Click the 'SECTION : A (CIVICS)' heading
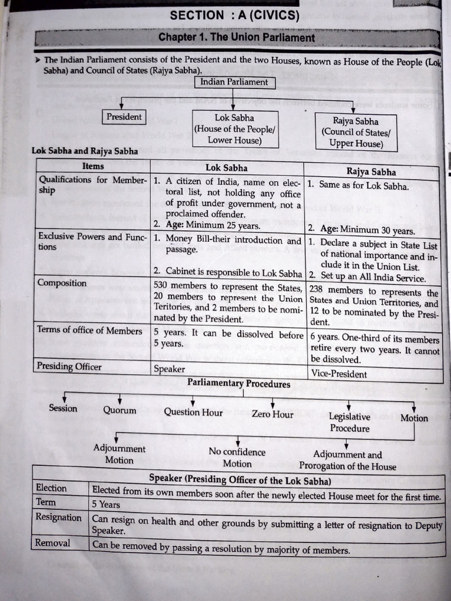[x=234, y=16]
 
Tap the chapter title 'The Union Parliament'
[x=237, y=38]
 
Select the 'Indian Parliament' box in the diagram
[x=234, y=82]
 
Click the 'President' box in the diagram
[x=124, y=117]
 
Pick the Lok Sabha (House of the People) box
[x=234, y=129]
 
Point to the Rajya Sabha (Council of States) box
[x=355, y=132]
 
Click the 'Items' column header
[x=93, y=167]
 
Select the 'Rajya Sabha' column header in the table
[x=371, y=172]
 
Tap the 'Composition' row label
[x=62, y=283]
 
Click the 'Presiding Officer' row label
[x=69, y=367]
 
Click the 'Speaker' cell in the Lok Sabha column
[x=169, y=370]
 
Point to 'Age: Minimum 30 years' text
[x=368, y=230]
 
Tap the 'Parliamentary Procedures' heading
[x=238, y=384]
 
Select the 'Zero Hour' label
[x=272, y=414]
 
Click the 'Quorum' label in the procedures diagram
[x=120, y=411]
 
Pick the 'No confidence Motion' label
[x=237, y=458]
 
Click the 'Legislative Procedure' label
[x=349, y=422]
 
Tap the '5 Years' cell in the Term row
[x=106, y=504]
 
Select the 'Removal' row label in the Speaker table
[x=53, y=543]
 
